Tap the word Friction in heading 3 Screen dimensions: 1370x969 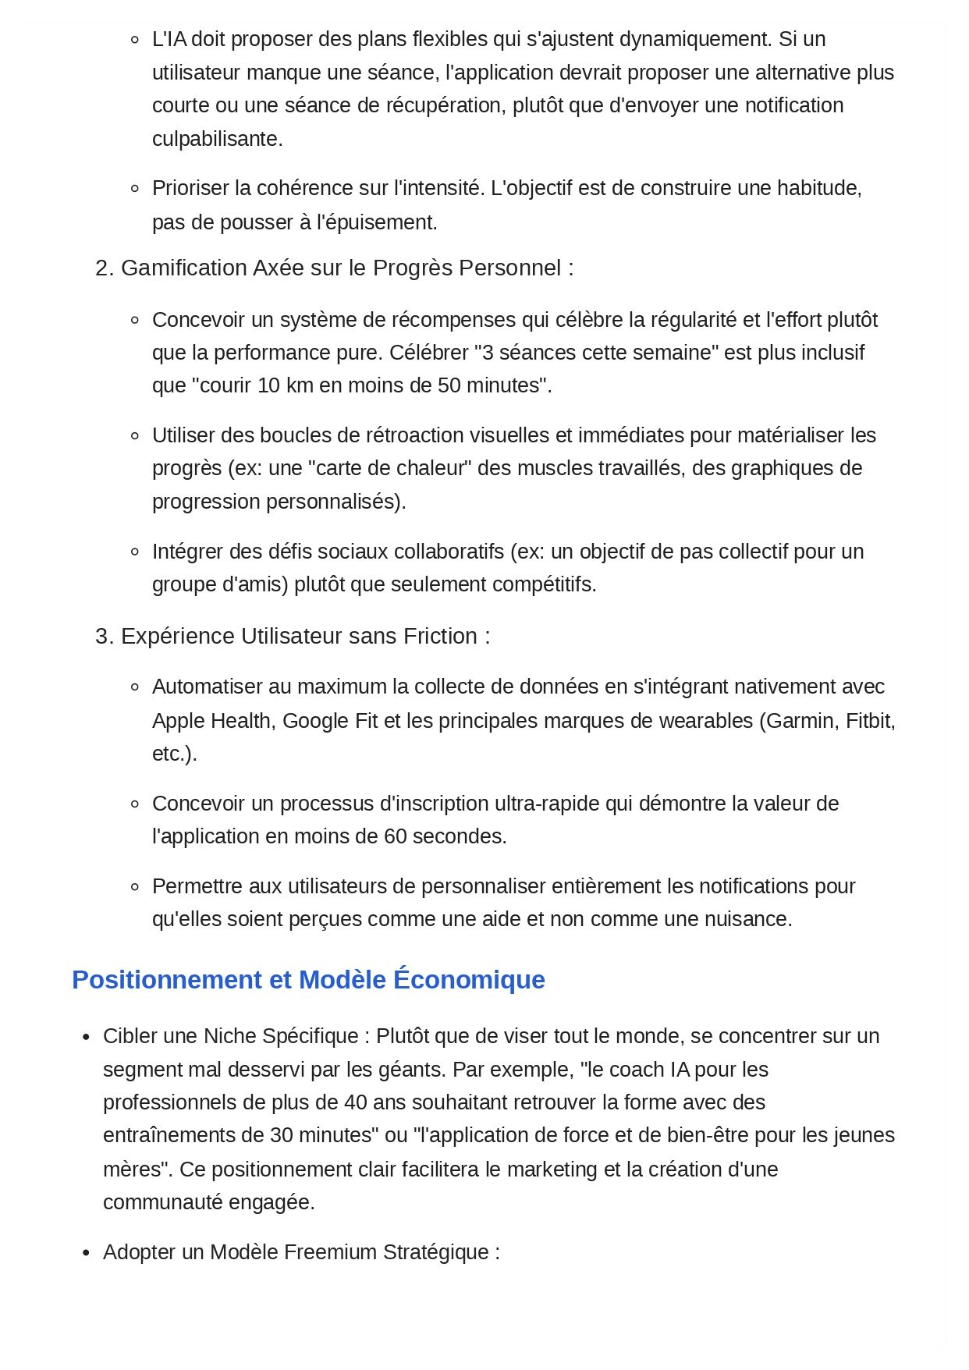(440, 637)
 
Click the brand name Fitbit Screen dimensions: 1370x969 (868, 720)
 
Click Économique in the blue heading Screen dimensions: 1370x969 (469, 980)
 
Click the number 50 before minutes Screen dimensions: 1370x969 (449, 385)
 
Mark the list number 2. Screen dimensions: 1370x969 (105, 268)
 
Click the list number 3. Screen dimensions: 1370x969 (105, 637)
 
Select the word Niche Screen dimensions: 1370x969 (230, 1036)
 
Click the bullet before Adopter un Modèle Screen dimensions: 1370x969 (87, 1253)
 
